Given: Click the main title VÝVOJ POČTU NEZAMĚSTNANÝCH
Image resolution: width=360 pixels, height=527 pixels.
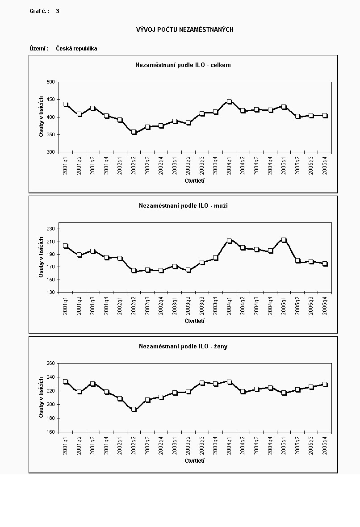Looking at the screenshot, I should point(184,29).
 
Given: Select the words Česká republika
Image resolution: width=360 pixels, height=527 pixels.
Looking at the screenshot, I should point(76,48).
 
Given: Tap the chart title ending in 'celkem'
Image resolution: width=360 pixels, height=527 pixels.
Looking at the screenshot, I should point(183,65).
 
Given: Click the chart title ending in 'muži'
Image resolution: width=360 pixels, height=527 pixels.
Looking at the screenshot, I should point(183,206).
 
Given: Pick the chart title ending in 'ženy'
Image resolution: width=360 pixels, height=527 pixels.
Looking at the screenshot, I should point(183,346).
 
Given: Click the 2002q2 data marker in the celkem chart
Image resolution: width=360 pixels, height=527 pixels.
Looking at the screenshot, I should point(134,132).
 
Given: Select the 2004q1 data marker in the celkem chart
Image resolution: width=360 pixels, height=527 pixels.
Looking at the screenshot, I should point(229,102).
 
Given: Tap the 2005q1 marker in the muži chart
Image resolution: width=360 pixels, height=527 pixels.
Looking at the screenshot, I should point(284,240).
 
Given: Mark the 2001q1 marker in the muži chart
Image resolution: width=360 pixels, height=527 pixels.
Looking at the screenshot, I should point(65,246).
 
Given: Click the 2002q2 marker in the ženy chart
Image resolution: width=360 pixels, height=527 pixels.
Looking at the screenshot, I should point(134,409).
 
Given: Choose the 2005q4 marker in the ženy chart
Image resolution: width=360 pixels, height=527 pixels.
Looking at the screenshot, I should point(325,384).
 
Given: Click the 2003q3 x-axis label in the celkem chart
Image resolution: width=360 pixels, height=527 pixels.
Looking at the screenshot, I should point(202,166).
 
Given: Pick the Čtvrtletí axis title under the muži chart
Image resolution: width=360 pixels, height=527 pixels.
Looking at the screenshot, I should point(194,321).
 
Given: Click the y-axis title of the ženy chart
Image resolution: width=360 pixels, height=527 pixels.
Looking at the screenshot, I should point(41,397).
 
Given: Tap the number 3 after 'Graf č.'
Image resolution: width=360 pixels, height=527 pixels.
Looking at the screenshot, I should point(58,11).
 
